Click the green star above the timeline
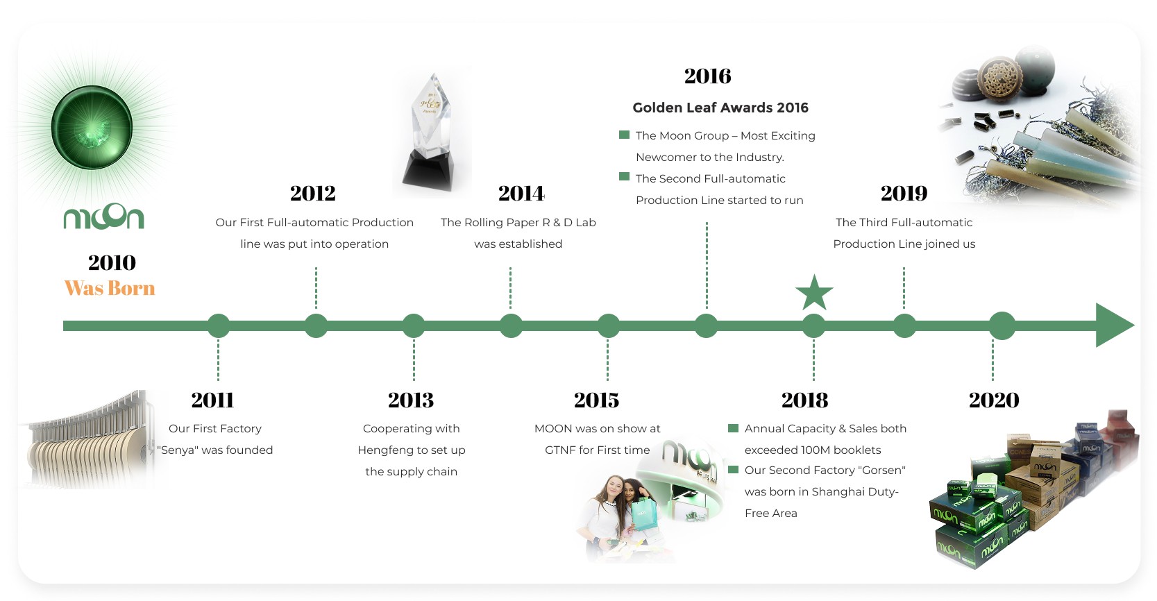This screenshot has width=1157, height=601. click(x=814, y=293)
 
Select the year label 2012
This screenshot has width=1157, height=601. click(x=312, y=194)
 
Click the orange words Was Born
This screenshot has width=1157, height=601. click(x=110, y=288)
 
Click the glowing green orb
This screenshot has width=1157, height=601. click(x=92, y=128)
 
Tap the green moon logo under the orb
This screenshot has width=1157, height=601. click(x=104, y=217)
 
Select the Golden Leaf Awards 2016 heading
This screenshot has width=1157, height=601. click(x=720, y=108)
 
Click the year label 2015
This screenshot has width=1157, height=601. click(x=597, y=400)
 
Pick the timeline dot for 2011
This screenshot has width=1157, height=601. click(x=219, y=325)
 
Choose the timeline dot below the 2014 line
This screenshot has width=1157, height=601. click(x=511, y=325)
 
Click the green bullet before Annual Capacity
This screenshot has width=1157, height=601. click(x=733, y=428)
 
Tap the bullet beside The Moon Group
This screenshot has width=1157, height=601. click(x=625, y=135)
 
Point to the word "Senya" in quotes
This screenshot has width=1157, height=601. click(x=178, y=450)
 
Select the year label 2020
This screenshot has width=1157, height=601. click(x=994, y=400)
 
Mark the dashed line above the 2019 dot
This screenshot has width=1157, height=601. click(x=904, y=288)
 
